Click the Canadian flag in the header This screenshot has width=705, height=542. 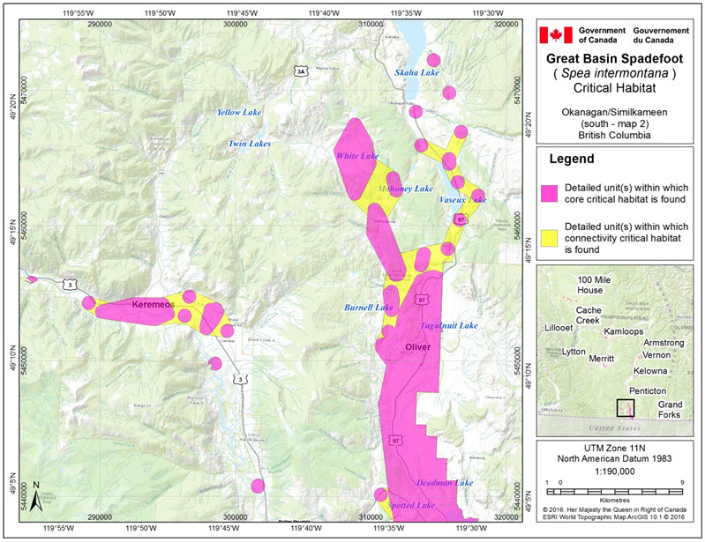[556, 34]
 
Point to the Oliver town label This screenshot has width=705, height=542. [416, 347]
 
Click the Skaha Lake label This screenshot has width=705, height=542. [417, 72]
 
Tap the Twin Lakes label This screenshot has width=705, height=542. [250, 143]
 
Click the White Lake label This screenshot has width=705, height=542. [356, 156]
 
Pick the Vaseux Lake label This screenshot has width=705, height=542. [462, 200]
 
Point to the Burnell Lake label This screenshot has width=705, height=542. [368, 308]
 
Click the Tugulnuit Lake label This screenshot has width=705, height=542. [449, 325]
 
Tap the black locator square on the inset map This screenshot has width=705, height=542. [625, 407]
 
